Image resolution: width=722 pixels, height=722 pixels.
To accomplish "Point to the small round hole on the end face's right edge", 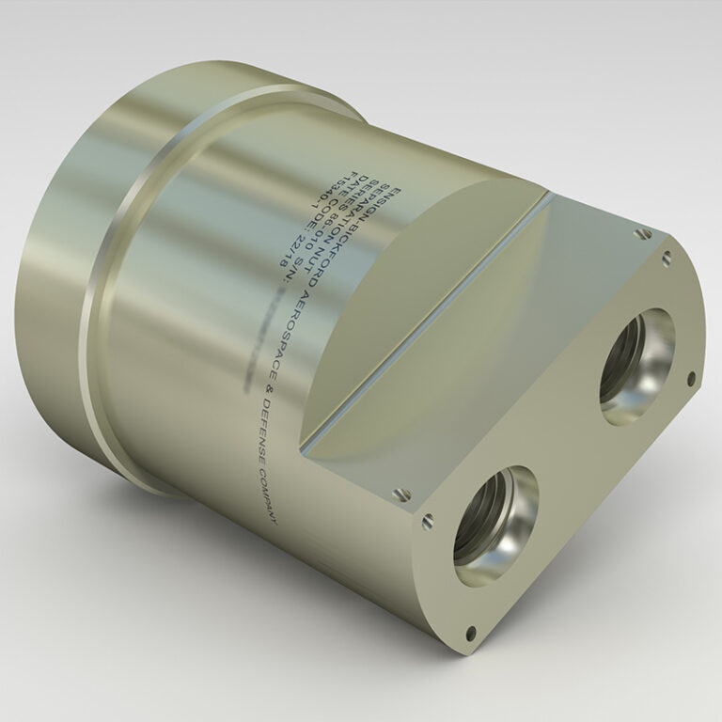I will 691,378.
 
